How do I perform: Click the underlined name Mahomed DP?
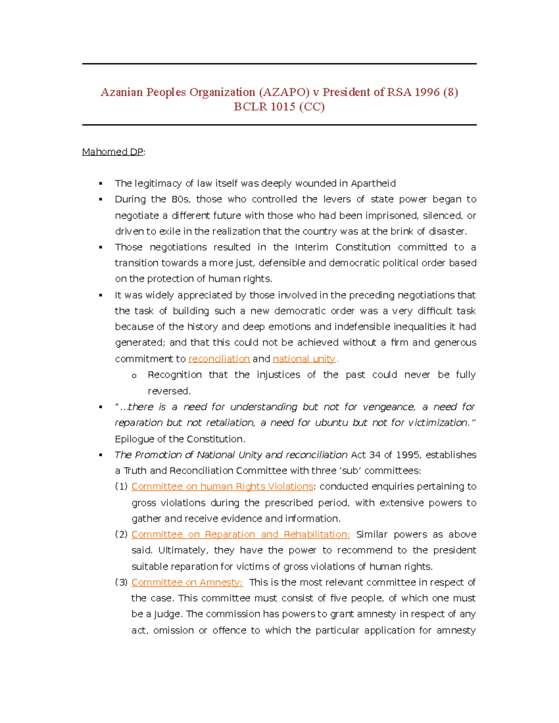[x=112, y=152]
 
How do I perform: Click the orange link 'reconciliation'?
[x=219, y=359]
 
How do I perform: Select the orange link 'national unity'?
[x=304, y=359]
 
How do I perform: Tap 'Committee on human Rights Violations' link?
[x=222, y=487]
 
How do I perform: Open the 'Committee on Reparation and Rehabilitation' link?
[x=240, y=534]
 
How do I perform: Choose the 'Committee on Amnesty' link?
[x=187, y=582]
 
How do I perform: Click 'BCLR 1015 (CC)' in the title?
[x=279, y=107]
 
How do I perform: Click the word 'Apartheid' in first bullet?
[x=373, y=183]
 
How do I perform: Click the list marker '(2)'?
[x=121, y=534]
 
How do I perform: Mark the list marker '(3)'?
[x=121, y=582]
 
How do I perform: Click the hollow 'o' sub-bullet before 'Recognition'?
[x=134, y=376]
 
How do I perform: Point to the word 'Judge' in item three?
[x=168, y=614]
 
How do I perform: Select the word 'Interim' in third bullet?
[x=312, y=247]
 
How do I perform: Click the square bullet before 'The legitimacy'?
[x=101, y=184]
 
